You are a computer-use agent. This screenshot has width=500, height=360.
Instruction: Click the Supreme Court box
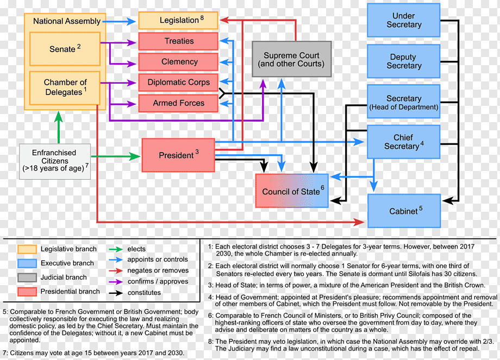click(291, 59)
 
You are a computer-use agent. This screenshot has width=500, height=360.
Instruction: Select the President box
click(178, 155)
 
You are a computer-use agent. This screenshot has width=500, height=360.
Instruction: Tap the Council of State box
click(292, 191)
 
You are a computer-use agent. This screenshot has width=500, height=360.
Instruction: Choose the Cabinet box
click(404, 211)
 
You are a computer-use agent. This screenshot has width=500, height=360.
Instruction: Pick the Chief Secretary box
click(404, 142)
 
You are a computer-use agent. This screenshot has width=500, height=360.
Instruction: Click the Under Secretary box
click(404, 20)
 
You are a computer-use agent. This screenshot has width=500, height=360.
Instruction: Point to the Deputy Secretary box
click(404, 61)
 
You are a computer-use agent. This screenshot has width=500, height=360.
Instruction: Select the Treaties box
click(178, 41)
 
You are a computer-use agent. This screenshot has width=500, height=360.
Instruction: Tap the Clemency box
click(178, 62)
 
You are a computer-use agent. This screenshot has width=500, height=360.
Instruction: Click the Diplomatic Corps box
click(178, 83)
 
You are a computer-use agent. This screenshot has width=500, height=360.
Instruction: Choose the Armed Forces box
click(178, 103)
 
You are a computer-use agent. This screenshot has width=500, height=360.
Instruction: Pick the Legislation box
click(178, 21)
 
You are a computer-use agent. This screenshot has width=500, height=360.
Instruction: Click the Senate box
click(65, 49)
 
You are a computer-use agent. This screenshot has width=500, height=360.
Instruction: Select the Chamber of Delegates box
click(65, 87)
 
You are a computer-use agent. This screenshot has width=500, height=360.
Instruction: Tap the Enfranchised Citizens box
click(55, 161)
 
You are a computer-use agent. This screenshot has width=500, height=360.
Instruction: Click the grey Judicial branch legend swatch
click(27, 277)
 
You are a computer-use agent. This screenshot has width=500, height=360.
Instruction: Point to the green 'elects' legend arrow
click(116, 249)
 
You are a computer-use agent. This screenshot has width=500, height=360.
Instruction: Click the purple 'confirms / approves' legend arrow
click(116, 282)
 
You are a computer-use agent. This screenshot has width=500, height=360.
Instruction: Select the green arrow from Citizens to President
click(116, 156)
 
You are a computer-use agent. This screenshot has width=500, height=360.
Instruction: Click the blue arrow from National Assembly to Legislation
click(121, 21)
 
